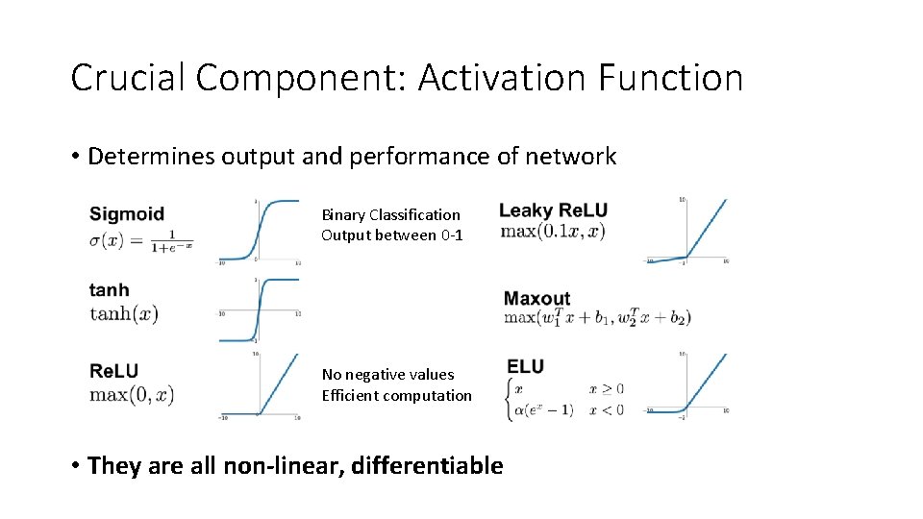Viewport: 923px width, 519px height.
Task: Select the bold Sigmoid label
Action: pyautogui.click(x=127, y=213)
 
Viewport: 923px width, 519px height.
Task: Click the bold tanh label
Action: pyautogui.click(x=109, y=289)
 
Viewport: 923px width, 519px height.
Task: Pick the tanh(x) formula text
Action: pyautogui.click(x=123, y=313)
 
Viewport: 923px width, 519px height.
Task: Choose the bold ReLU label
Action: pyautogui.click(x=113, y=371)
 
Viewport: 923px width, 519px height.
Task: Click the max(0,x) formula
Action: pyautogui.click(x=131, y=394)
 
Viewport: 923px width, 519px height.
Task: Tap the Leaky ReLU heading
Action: pyautogui.click(x=553, y=210)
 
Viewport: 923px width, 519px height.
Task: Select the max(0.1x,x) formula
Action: pyautogui.click(x=552, y=232)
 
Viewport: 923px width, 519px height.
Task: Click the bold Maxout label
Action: pyautogui.click(x=536, y=299)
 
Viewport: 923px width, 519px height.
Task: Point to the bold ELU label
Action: pyautogui.click(x=525, y=366)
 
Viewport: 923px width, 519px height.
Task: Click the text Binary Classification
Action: pyautogui.click(x=390, y=214)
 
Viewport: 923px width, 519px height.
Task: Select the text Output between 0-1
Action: pyautogui.click(x=391, y=235)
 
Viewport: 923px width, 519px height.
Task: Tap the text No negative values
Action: pyautogui.click(x=387, y=374)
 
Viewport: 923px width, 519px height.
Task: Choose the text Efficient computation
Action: pyautogui.click(x=396, y=395)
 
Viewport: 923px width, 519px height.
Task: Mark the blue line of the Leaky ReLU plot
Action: pyautogui.click(x=707, y=231)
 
